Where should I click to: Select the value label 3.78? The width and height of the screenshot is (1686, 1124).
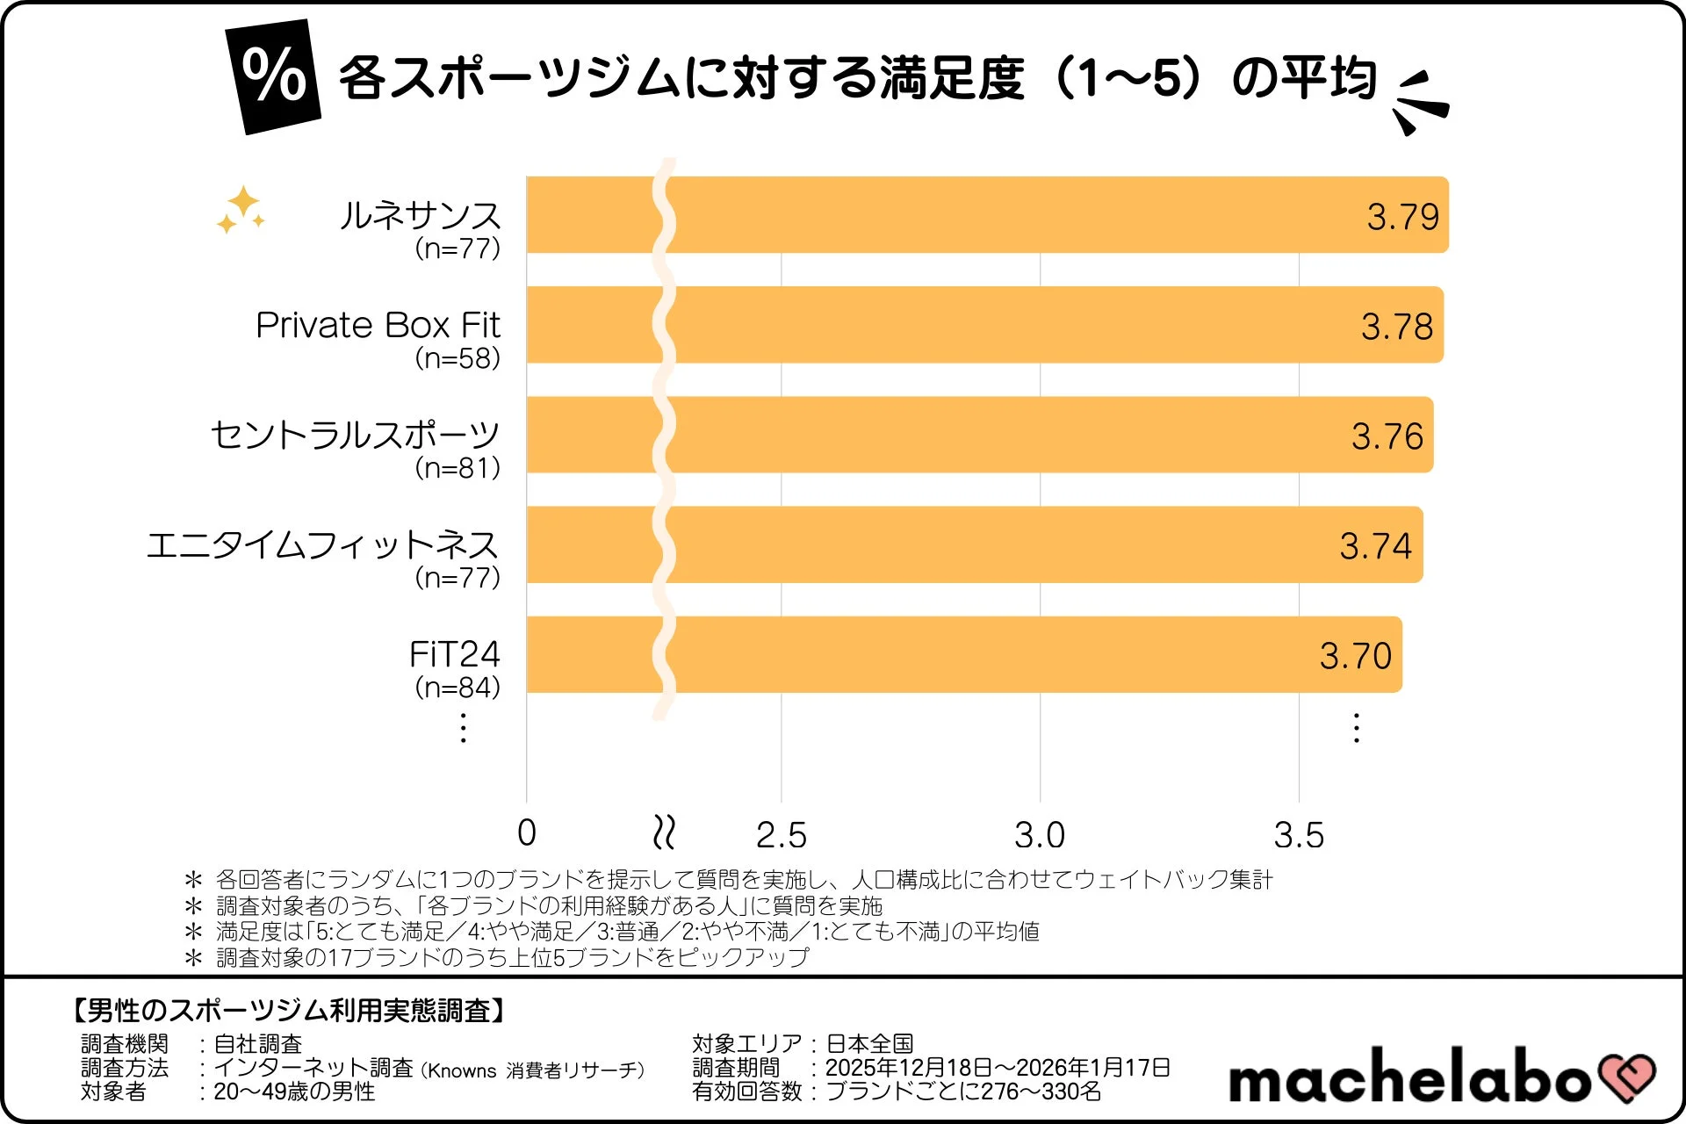pyautogui.click(x=1396, y=327)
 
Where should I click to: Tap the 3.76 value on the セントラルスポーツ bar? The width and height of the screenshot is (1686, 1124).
pyautogui.click(x=1387, y=436)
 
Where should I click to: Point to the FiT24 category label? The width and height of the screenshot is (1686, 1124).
pyautogui.click(x=454, y=654)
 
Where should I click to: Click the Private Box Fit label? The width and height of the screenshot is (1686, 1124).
pyautogui.click(x=378, y=325)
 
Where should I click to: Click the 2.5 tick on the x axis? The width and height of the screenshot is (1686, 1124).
pyautogui.click(x=781, y=835)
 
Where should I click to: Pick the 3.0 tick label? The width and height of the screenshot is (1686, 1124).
pyautogui.click(x=1040, y=835)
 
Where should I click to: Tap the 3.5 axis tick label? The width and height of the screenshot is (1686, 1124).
pyautogui.click(x=1299, y=835)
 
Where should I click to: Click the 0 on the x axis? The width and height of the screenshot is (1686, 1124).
pyautogui.click(x=527, y=833)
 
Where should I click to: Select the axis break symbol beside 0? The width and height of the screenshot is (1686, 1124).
pyautogui.click(x=665, y=832)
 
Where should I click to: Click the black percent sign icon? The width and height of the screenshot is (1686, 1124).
pyautogui.click(x=274, y=77)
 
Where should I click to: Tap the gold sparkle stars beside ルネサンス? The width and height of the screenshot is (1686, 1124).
pyautogui.click(x=241, y=211)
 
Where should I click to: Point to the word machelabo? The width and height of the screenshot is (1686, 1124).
pyautogui.click(x=1409, y=1078)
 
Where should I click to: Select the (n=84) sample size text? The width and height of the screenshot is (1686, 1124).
pyautogui.click(x=458, y=687)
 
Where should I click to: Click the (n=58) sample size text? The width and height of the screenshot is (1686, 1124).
pyautogui.click(x=458, y=358)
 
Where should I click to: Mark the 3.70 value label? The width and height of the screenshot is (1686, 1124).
pyautogui.click(x=1355, y=656)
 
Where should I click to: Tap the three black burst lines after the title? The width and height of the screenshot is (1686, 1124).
pyautogui.click(x=1420, y=103)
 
